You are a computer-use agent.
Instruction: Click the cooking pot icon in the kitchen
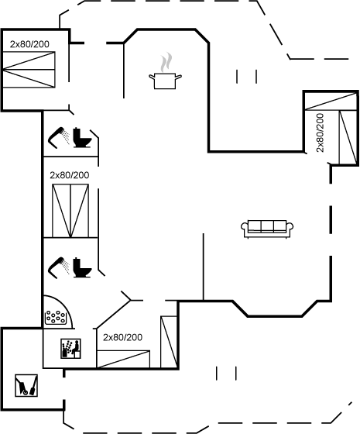(x=165, y=81)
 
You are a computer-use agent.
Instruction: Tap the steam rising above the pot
(x=166, y=62)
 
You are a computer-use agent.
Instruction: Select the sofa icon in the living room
(x=267, y=229)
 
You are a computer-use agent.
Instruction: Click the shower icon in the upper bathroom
(x=59, y=138)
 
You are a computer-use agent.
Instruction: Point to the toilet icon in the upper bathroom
(x=82, y=138)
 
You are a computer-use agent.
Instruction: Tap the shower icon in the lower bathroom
(x=59, y=267)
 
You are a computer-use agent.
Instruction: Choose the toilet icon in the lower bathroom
(x=82, y=267)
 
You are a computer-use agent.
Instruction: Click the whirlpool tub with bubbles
(x=57, y=317)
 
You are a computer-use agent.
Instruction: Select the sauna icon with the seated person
(x=70, y=349)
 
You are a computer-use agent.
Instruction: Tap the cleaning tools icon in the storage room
(x=26, y=386)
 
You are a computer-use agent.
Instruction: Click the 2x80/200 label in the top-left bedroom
(x=29, y=44)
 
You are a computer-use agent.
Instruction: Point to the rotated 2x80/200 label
(x=320, y=133)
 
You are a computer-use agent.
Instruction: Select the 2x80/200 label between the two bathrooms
(x=70, y=175)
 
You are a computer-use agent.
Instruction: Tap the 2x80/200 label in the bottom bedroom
(x=123, y=337)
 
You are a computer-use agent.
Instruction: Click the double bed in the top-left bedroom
(x=29, y=70)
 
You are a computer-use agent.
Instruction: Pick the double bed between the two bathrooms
(x=70, y=211)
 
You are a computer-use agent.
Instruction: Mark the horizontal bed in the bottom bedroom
(x=123, y=360)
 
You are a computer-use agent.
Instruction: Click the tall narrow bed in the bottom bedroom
(x=169, y=342)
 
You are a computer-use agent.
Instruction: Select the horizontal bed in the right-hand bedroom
(x=331, y=102)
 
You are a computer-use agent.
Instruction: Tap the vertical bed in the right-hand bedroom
(x=348, y=138)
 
